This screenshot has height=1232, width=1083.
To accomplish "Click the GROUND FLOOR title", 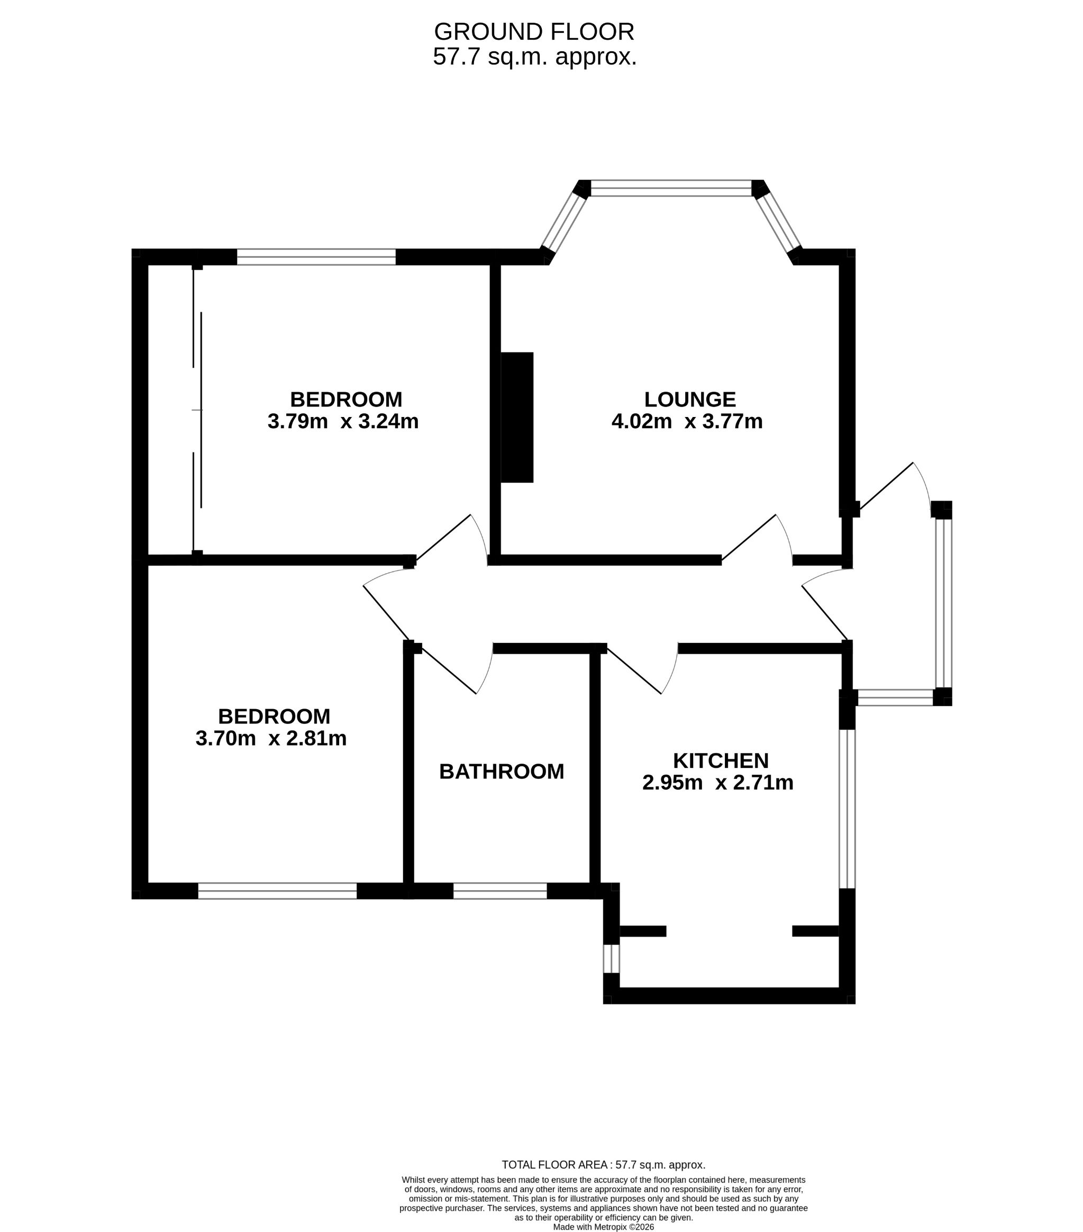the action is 534,31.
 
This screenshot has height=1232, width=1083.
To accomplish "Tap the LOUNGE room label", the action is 690,400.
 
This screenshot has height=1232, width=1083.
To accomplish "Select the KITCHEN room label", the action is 721,760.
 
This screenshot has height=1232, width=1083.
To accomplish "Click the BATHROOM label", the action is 502,772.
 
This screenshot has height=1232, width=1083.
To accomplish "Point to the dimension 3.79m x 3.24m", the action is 343,421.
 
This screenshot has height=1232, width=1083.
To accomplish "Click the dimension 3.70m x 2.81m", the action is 271,738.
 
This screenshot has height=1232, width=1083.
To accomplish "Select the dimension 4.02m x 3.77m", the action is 687,421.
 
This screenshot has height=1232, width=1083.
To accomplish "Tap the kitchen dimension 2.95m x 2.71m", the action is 718,782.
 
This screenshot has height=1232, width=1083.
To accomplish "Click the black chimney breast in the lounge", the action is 517,418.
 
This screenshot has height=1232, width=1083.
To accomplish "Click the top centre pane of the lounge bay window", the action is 671,188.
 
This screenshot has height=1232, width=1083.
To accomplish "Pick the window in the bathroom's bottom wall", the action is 500,891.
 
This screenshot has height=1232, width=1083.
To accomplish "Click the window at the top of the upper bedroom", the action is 316,257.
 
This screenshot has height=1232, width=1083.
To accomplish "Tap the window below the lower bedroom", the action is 277,891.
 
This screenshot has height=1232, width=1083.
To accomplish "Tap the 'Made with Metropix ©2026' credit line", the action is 603,1227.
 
